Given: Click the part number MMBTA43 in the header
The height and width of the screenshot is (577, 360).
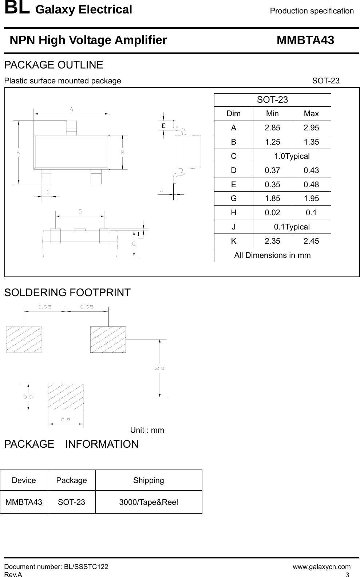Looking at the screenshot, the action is pos(305,40).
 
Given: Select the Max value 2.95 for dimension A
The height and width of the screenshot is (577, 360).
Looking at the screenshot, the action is pos(311,128).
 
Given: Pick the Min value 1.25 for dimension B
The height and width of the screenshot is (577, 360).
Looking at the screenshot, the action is pos(272,142).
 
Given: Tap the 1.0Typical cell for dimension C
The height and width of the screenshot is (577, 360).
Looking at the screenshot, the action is pos(292,156).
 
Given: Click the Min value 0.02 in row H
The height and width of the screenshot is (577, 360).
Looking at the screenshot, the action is pos(272,213).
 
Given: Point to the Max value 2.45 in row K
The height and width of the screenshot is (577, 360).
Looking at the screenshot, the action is pos(311,241).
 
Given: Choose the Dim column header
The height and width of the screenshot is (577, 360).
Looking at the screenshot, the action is pos(233,114).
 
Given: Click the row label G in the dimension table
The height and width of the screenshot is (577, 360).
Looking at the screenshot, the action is pos(233,199).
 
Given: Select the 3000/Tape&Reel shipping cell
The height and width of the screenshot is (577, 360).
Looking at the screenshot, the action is pos(149,502).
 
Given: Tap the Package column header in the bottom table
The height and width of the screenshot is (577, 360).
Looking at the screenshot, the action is pos(71,480).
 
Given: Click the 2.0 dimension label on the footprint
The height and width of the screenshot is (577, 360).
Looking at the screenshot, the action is pos(160,368).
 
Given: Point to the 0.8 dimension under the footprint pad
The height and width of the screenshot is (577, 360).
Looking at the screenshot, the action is pos(66,419).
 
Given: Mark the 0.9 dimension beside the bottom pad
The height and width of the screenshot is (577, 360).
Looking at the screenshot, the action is pos(28,397).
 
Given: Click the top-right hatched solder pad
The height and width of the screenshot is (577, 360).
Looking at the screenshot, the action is pos(108,339).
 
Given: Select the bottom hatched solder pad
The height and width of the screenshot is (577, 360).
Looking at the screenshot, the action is pos(66,396).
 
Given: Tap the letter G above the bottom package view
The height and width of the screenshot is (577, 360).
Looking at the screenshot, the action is pos(80,211).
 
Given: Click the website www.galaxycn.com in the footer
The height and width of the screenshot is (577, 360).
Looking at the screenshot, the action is pos(322,566).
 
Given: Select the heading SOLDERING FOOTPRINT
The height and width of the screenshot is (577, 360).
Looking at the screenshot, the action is pos(67,293).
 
